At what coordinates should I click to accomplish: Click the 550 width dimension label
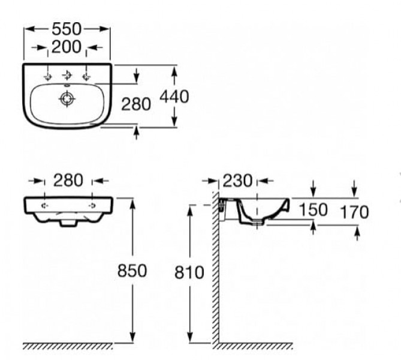click(x=67, y=29)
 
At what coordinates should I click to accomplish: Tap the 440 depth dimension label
click(x=173, y=97)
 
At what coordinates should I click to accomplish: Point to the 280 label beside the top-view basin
click(x=136, y=104)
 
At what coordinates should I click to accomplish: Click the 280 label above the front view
click(x=68, y=179)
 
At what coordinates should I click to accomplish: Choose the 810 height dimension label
click(x=190, y=273)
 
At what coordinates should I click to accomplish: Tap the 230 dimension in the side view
click(x=238, y=179)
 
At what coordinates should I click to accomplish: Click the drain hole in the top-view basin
click(x=65, y=100)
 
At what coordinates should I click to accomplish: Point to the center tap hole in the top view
click(x=67, y=75)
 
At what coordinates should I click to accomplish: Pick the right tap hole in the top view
click(x=87, y=75)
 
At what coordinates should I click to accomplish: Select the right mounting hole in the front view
click(x=92, y=205)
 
